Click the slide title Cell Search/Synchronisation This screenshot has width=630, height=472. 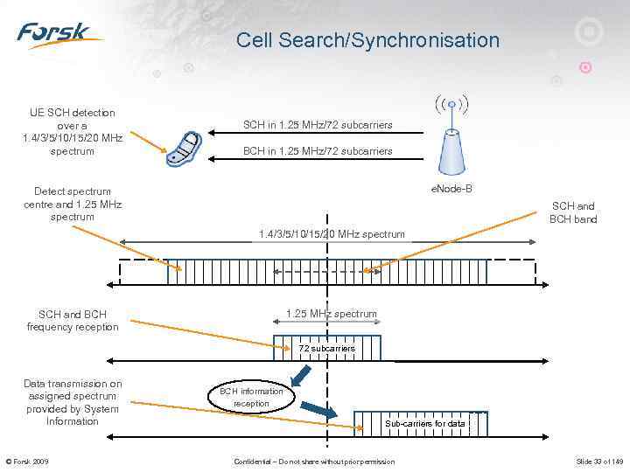(x=367, y=40)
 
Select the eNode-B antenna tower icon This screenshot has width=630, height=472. (x=450, y=140)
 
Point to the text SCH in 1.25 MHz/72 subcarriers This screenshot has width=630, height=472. (x=318, y=126)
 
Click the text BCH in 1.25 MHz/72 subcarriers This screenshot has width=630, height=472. (x=318, y=151)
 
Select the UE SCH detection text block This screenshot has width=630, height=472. (x=73, y=132)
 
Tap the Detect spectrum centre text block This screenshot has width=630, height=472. (x=73, y=204)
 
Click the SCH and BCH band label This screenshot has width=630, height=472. (x=573, y=213)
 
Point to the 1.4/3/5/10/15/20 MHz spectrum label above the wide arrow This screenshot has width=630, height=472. (x=332, y=234)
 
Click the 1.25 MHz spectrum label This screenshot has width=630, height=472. (x=332, y=314)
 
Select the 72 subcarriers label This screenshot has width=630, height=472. (x=326, y=349)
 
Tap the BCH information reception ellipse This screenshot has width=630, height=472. (x=251, y=398)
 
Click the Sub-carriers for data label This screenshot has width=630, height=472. (x=425, y=424)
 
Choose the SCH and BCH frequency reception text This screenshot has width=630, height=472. (x=73, y=321)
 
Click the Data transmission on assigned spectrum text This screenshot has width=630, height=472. (x=73, y=402)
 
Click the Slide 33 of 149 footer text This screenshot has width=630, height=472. (x=598, y=462)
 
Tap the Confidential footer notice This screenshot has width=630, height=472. (x=314, y=462)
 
